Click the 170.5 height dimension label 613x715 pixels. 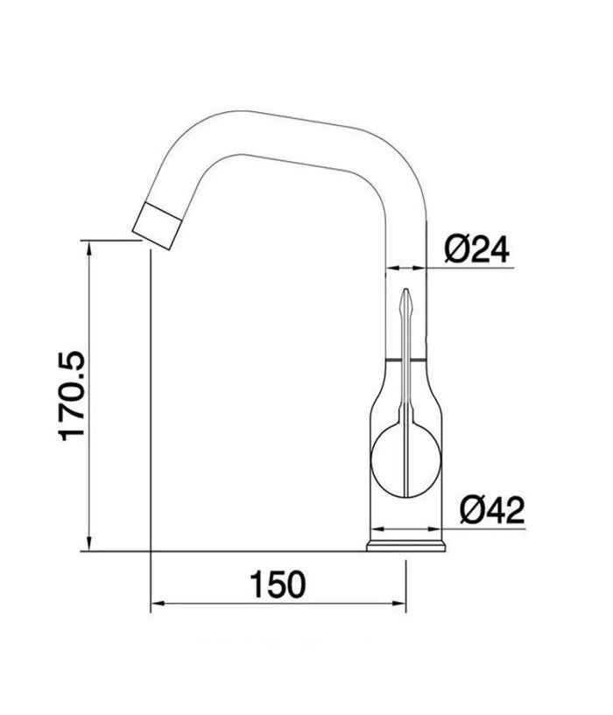point(72,396)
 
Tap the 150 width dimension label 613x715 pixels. point(278,584)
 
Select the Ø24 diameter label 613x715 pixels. point(476,249)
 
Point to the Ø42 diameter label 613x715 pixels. point(492,510)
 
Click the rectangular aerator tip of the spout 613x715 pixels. point(158,226)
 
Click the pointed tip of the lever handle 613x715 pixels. point(405,290)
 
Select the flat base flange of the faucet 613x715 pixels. point(405,546)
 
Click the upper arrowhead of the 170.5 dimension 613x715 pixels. point(90,248)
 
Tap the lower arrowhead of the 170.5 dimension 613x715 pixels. point(90,544)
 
